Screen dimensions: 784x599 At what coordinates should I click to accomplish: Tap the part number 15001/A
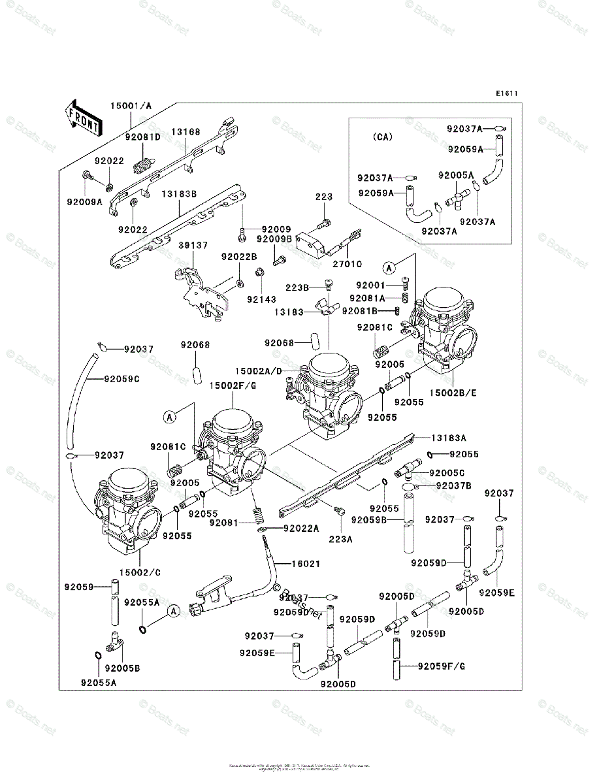click(131, 105)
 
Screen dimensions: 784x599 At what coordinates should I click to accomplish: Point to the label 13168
click(186, 132)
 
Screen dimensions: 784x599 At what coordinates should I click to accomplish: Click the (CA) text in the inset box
click(383, 137)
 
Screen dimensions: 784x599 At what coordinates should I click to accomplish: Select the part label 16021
click(306, 563)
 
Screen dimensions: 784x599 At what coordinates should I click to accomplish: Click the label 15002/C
click(139, 572)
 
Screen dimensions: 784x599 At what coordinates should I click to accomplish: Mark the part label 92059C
click(121, 379)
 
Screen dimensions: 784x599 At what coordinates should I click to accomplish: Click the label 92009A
click(84, 202)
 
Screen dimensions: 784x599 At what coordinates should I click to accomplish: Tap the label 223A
click(340, 539)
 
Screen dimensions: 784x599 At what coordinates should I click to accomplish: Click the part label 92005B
click(123, 668)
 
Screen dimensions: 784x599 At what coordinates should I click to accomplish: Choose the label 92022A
click(301, 528)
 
